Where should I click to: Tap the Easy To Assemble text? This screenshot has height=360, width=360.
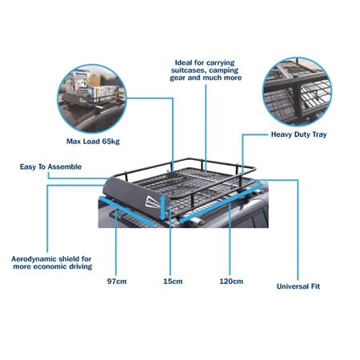click(54, 167)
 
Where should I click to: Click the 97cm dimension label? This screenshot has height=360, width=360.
click(117, 282)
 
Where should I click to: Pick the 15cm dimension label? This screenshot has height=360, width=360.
click(171, 282)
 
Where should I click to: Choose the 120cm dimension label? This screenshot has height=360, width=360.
click(230, 282)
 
